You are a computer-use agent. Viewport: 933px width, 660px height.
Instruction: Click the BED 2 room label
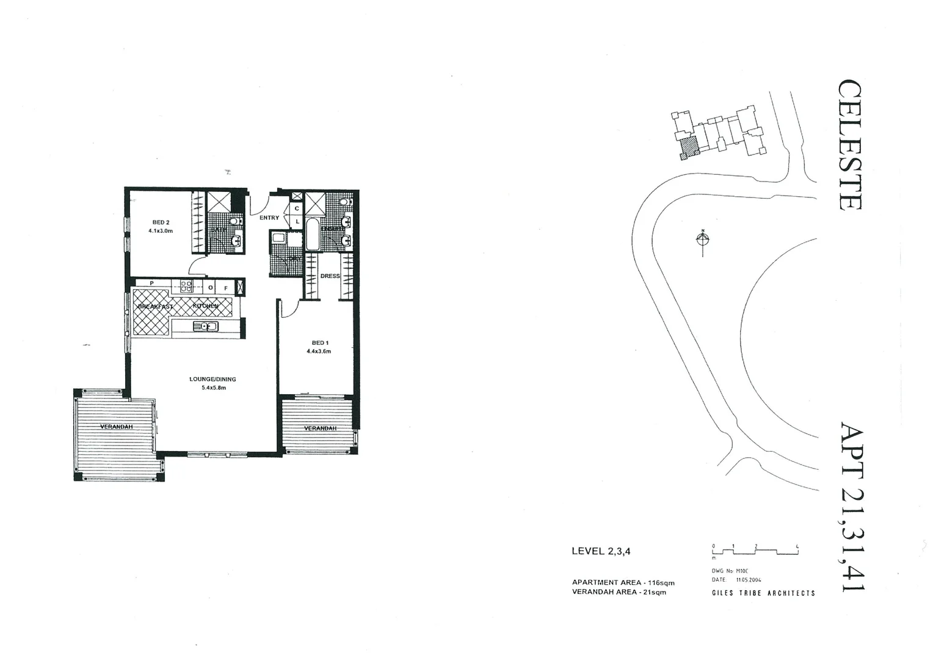(160, 222)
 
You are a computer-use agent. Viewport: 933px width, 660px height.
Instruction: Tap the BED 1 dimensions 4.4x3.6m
(319, 351)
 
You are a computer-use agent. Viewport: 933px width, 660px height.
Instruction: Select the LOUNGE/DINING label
(212, 380)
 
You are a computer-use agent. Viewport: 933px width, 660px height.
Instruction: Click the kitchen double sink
(206, 326)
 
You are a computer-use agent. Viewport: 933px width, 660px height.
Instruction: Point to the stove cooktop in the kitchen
(186, 285)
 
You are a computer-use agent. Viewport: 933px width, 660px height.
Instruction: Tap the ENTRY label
(269, 218)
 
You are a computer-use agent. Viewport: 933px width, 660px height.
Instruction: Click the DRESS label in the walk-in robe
(330, 276)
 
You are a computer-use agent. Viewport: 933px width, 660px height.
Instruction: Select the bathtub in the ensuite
(312, 236)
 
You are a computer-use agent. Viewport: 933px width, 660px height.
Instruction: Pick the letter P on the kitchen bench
(152, 284)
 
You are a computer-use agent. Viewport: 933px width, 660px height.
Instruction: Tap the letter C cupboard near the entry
(297, 209)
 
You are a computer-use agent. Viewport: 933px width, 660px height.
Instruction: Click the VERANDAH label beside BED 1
(320, 428)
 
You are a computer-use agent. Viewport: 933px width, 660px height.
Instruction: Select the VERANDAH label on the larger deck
(116, 427)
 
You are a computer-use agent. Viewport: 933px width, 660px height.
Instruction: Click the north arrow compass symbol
(703, 238)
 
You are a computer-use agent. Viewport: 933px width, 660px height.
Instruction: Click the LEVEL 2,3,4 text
(601, 551)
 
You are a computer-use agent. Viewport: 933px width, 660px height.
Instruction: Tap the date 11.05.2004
(748, 580)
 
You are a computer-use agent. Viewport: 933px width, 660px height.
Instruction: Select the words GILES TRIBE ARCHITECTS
(763, 593)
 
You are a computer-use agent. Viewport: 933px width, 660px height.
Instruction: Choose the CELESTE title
(849, 145)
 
